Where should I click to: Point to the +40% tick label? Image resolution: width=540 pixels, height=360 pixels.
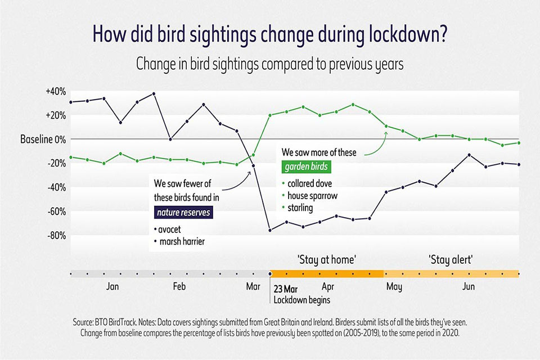pos(56,91)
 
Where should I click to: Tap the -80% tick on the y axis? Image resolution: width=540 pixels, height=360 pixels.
pos(56,236)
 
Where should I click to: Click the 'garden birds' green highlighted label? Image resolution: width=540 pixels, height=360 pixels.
pos(305,167)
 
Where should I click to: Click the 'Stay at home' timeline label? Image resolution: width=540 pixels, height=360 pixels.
pos(327,259)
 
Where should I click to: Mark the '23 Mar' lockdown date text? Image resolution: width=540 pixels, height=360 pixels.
pos(286,289)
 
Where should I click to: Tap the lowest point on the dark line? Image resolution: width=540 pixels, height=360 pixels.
pos(270,230)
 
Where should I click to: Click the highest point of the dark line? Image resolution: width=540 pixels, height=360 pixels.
pos(154,93)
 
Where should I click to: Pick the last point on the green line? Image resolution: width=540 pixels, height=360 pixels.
pos(519,143)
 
